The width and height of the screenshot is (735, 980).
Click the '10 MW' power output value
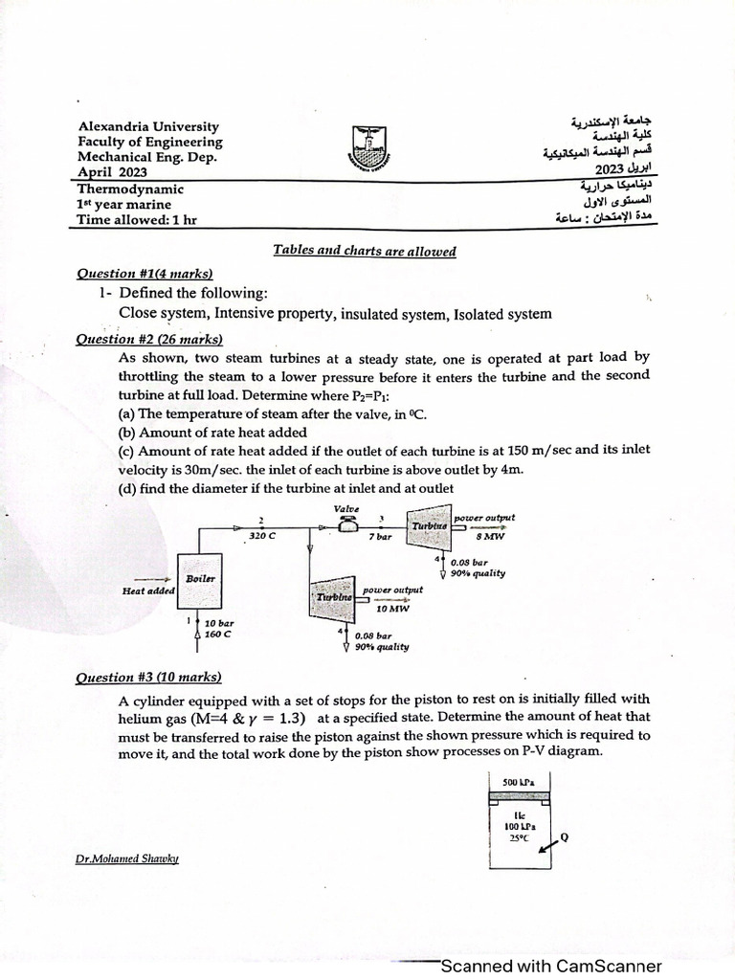(392, 608)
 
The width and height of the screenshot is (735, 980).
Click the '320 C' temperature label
(262, 537)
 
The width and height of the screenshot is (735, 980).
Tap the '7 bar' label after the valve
(380, 539)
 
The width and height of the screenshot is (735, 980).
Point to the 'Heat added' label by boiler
(147, 590)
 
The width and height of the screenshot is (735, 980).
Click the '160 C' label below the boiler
(219, 633)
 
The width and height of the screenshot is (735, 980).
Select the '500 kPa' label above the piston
(518, 781)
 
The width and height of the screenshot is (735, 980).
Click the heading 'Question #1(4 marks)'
(145, 273)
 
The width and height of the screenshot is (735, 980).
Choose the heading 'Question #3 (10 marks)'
(148, 677)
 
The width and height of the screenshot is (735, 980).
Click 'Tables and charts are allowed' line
(365, 251)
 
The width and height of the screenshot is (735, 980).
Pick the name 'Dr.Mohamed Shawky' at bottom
(127, 858)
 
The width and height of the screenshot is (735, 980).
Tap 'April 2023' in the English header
(113, 172)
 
